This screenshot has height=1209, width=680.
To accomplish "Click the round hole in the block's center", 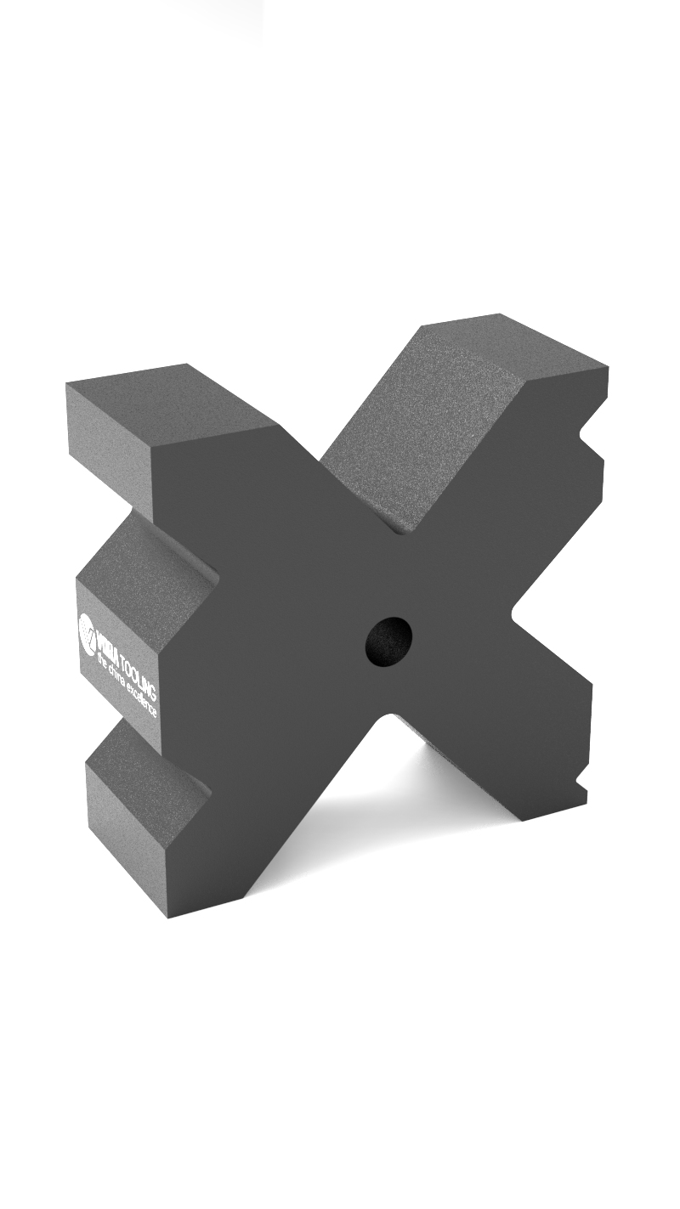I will coord(388,641).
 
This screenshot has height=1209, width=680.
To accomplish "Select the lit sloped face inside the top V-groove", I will coord(416,442).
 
